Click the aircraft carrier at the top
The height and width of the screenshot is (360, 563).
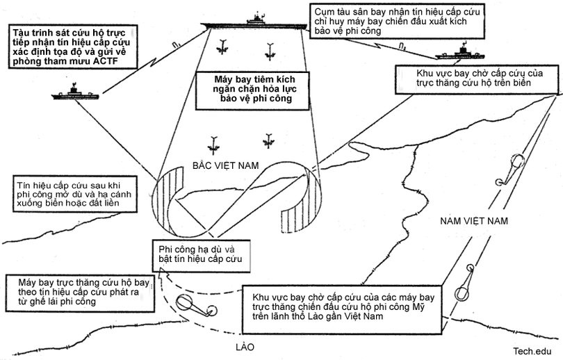click(255, 22)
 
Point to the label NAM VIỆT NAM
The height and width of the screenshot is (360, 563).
click(475, 221)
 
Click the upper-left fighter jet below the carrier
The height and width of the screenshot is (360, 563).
click(223, 48)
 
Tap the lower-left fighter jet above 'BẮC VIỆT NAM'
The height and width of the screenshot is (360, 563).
click(211, 145)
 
